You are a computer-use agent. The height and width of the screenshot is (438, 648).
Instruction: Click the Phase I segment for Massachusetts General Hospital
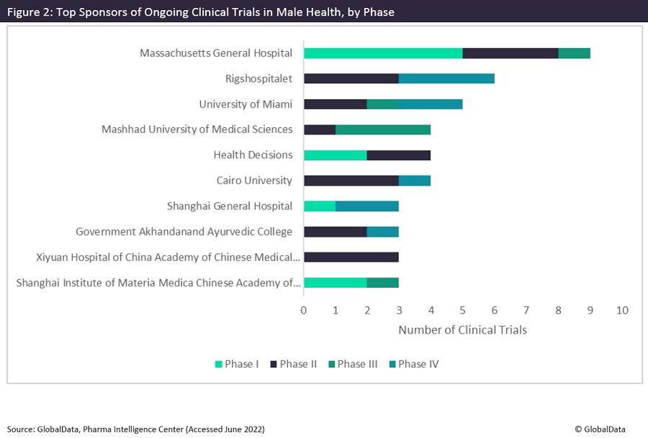383,53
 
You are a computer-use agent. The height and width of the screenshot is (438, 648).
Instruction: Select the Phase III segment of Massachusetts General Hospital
575,53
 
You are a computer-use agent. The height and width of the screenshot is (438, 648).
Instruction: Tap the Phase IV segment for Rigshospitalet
446,78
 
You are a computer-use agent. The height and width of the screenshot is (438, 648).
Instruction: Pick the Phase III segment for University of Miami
383,104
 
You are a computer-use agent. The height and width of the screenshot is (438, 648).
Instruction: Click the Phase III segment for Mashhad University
383,129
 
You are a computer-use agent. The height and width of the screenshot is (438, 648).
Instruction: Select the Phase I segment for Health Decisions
336,155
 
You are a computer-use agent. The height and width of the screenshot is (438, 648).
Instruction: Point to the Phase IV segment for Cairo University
415,181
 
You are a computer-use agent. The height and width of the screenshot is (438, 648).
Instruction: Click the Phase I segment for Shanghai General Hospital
320,206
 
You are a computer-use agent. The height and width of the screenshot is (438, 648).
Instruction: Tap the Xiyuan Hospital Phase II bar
351,257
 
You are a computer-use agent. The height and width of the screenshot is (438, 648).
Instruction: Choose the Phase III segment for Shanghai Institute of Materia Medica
383,283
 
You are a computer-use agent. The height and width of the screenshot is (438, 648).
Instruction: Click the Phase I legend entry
237,364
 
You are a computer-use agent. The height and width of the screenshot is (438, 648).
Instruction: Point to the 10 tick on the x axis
622,311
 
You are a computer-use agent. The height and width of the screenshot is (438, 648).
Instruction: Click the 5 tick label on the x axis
462,311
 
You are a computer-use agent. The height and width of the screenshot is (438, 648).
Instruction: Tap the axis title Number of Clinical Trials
462,330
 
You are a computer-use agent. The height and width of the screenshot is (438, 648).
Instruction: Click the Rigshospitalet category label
259,78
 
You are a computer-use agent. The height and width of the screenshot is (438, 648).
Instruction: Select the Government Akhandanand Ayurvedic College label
184,232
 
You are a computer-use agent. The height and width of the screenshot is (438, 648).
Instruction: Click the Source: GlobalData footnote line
136,429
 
